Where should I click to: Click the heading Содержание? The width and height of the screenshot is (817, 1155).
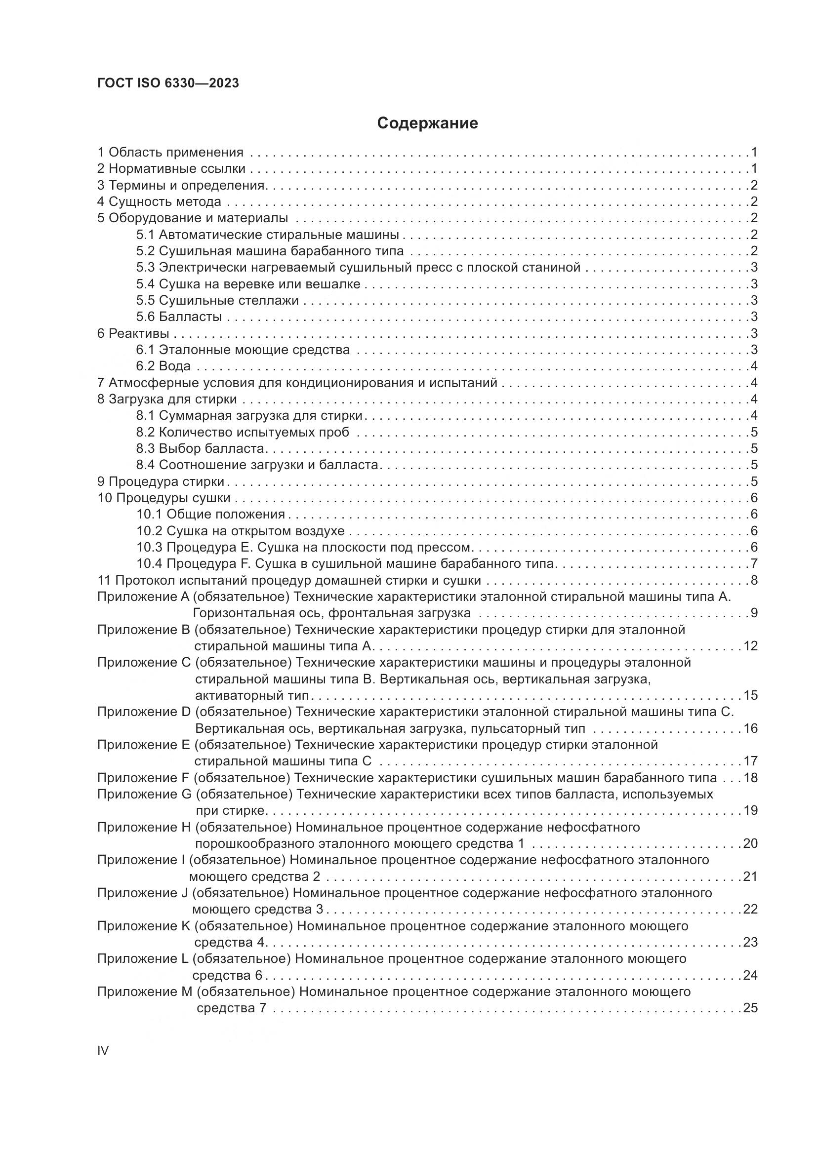pos(427,123)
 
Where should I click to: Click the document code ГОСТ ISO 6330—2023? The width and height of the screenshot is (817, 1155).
pos(168,83)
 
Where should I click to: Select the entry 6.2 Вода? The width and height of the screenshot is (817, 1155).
pos(163,366)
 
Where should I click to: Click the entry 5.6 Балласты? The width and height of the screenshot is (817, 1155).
pos(179,317)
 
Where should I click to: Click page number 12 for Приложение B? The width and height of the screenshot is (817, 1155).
pos(750,646)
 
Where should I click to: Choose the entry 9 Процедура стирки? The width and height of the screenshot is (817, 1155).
pos(161,481)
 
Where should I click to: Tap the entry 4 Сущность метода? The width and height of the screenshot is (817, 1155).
pos(159,202)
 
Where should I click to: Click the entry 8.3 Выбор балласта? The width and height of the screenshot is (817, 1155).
pos(200,448)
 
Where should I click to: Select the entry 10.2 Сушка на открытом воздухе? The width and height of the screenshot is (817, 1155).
pos(241,531)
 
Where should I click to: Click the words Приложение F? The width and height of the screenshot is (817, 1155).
pos(143,778)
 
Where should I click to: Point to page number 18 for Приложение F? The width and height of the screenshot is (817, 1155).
pos(750,778)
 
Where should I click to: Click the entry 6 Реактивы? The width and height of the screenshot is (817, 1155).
pos(133,333)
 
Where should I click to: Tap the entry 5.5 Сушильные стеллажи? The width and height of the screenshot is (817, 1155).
pos(217,300)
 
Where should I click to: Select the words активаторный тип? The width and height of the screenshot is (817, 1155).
pos(252,696)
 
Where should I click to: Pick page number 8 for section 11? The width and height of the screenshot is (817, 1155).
pos(754,581)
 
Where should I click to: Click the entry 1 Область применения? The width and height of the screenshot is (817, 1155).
pos(170,152)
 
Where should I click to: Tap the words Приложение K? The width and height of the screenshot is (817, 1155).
pos(143,926)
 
